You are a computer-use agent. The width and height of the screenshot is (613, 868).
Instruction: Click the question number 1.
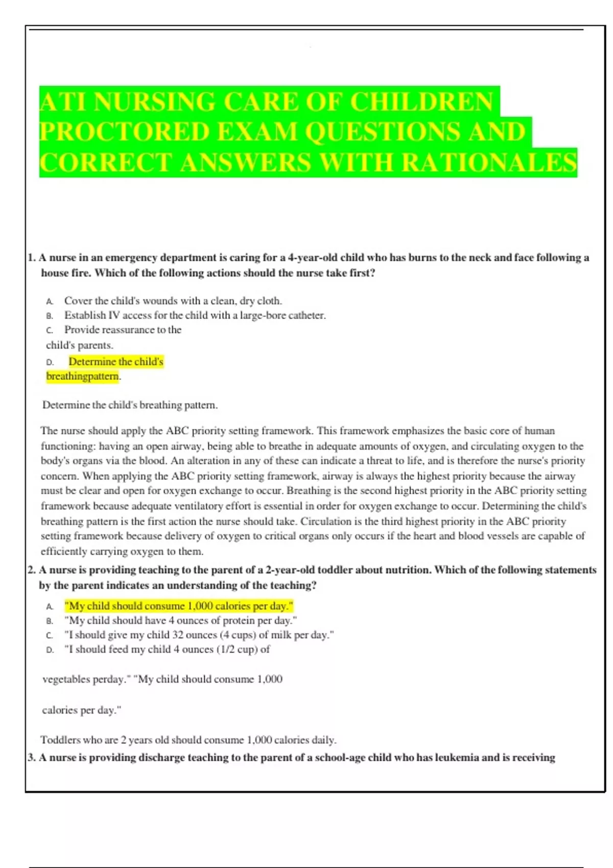[x=31, y=258]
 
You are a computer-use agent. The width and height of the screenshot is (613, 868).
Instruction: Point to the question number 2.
[x=31, y=570]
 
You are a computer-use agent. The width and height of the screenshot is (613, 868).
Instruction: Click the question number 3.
[x=31, y=758]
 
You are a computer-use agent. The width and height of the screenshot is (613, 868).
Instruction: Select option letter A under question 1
[x=50, y=301]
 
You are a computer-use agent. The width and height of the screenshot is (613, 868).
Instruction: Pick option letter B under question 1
[x=50, y=316]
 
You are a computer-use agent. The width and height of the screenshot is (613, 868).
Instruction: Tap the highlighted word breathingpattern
[x=82, y=376]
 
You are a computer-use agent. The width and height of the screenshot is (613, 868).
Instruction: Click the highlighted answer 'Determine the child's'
[x=116, y=361]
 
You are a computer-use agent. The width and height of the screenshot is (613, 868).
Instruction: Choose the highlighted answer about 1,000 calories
[x=179, y=606]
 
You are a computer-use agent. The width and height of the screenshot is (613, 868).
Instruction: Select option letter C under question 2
[x=50, y=636]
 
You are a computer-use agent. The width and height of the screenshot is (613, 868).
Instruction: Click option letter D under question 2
[x=50, y=650]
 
